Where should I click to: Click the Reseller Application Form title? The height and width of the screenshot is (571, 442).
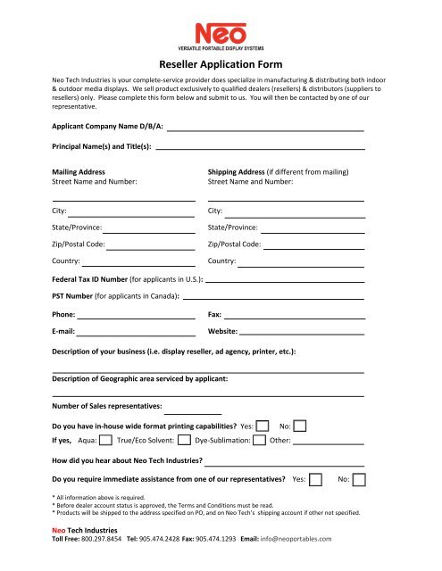pyautogui.click(x=221, y=63)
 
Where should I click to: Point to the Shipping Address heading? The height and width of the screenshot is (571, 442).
pyautogui.click(x=278, y=171)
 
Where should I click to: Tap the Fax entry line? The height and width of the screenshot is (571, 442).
pyautogui.click(x=295, y=317)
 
